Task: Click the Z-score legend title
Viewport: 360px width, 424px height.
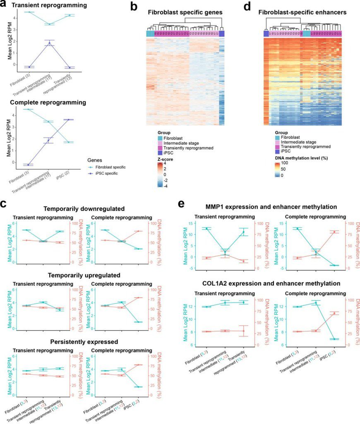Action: (x=161, y=159)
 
